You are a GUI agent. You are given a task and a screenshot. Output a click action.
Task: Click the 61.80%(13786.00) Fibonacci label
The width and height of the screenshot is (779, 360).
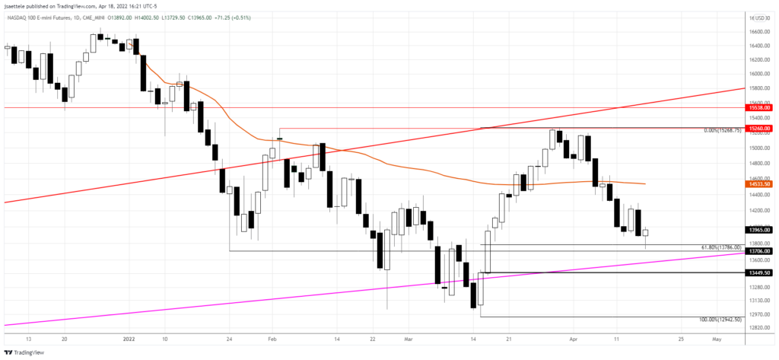click(720, 248)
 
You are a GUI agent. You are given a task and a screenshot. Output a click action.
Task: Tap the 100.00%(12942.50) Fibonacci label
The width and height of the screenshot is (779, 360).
click(720, 320)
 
